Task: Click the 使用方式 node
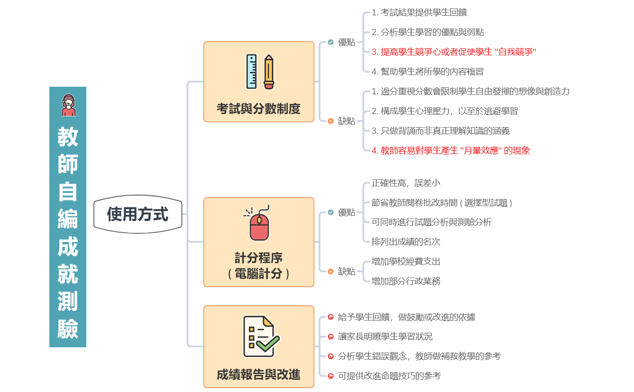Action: pos(137,214)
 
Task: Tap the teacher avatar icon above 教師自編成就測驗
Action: pos(68,105)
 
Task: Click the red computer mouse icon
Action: pos(259,224)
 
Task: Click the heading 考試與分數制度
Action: pos(259,108)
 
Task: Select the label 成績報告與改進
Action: pos(259,375)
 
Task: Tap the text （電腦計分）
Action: pos(259,274)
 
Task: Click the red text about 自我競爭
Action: pos(454,52)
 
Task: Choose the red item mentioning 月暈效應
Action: pos(450,150)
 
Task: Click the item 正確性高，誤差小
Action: pos(406,183)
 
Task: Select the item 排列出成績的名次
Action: pos(406,242)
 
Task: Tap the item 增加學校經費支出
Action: pos(406,261)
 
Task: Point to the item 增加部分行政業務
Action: pos(406,281)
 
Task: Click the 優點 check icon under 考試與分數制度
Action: pos(331,42)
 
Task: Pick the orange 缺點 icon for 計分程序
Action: pos(331,271)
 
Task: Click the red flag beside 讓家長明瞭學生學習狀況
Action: pos(331,336)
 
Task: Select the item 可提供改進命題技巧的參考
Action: pos(389,376)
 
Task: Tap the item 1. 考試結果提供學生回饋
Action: pos(419,13)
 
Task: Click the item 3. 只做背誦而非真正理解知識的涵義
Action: pos(440,131)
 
